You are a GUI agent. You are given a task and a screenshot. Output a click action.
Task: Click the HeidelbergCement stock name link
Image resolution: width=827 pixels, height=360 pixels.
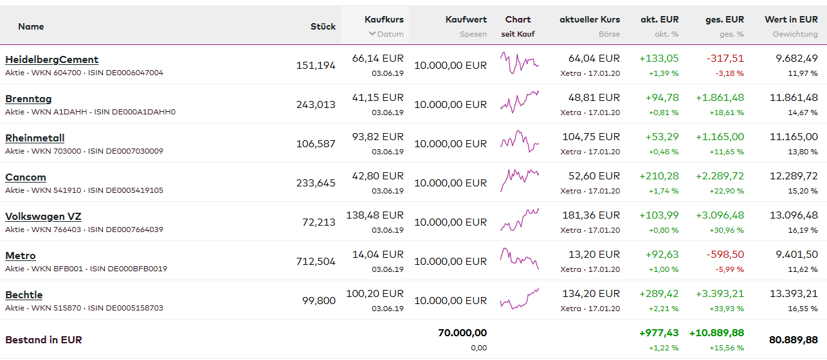pyautogui.click(x=51, y=60)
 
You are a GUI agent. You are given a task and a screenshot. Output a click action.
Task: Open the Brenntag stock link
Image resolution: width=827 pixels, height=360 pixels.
pyautogui.click(x=28, y=99)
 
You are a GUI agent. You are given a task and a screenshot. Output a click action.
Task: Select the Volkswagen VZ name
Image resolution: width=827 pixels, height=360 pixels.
pyautogui.click(x=43, y=217)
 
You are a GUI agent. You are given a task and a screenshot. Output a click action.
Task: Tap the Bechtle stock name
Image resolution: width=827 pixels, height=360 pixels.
pyautogui.click(x=24, y=295)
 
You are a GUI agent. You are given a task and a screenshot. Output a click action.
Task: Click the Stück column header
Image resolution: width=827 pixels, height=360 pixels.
pyautogui.click(x=323, y=26)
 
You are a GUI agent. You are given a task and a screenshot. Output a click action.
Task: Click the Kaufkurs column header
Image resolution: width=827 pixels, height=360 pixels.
pyautogui.click(x=384, y=20)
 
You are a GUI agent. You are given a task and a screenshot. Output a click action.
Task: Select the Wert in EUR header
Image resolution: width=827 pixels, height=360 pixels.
pyautogui.click(x=791, y=20)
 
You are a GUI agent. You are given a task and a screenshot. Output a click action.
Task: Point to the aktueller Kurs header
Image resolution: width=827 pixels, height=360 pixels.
pyautogui.click(x=590, y=20)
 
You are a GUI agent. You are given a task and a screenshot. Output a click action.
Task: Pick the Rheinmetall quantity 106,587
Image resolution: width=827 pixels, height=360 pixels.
pyautogui.click(x=316, y=144)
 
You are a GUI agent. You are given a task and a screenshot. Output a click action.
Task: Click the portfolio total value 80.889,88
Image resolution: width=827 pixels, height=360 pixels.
pyautogui.click(x=793, y=339)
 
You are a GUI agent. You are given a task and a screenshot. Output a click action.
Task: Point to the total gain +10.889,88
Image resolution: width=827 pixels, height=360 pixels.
pyautogui.click(x=716, y=333)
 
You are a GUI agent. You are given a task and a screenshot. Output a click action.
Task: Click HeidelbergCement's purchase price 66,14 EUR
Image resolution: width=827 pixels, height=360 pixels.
pyautogui.click(x=377, y=59)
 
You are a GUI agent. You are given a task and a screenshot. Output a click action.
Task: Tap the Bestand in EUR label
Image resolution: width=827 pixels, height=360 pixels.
pyautogui.click(x=44, y=339)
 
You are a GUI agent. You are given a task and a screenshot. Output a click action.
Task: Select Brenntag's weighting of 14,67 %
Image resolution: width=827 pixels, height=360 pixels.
pyautogui.click(x=803, y=113)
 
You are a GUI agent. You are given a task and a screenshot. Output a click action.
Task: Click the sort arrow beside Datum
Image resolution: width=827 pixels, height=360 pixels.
pyautogui.click(x=372, y=34)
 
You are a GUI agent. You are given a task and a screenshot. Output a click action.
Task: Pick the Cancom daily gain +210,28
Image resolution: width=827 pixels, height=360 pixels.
pyautogui.click(x=659, y=176)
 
